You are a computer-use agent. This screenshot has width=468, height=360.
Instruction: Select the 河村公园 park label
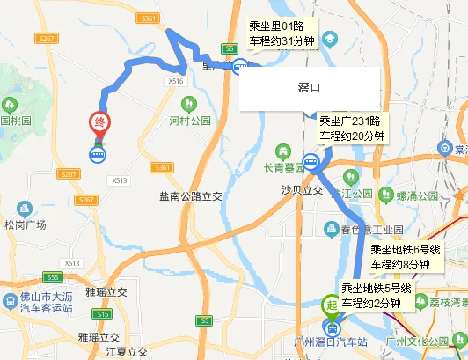pyautogui.click(x=191, y=120)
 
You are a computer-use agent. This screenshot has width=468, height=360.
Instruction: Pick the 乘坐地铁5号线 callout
pyautogui.click(x=377, y=297)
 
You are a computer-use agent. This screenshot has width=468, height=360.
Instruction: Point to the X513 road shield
pyautogui.click(x=120, y=180)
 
